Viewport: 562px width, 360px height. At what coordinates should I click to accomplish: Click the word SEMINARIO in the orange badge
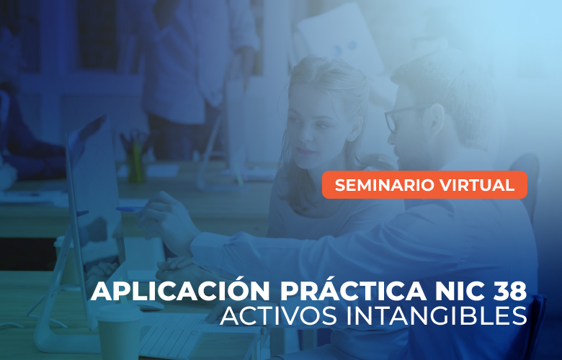(385, 185)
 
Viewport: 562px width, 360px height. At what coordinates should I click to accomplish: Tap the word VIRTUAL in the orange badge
(477, 185)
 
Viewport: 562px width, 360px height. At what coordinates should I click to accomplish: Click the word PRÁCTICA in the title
(353, 290)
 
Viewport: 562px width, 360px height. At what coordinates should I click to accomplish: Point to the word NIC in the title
(459, 292)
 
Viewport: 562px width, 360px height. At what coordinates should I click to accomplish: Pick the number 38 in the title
(509, 292)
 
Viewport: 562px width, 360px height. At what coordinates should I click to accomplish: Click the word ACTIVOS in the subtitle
(278, 315)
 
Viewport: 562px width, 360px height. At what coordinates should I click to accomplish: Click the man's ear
(437, 120)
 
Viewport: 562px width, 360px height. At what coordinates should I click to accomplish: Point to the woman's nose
(305, 135)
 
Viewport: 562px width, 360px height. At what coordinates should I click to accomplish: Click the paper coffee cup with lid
(120, 331)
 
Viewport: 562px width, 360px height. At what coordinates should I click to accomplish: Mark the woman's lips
(305, 150)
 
